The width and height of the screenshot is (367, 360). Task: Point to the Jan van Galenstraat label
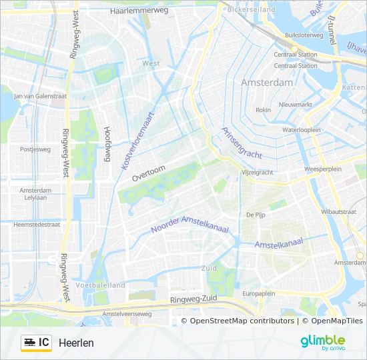pos(41,96)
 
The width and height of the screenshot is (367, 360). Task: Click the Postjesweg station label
pos(35,149)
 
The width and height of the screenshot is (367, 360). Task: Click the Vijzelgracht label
pos(256,172)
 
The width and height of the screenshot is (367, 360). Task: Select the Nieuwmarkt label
pos(296,105)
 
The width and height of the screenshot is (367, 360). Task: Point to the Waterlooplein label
pos(302,130)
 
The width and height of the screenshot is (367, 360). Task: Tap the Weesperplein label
pos(322,169)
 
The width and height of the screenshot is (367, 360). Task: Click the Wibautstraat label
pos(338,211)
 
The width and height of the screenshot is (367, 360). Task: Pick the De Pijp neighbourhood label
pos(256,215)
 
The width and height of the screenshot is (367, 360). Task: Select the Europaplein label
pos(259,293)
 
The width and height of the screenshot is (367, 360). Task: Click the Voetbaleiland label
pos(101,285)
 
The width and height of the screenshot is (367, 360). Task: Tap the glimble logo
pos(322,342)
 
